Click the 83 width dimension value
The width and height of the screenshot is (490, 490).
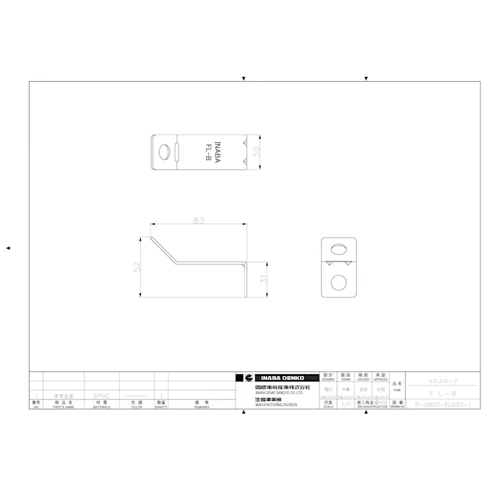199,220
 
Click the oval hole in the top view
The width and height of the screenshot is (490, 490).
165,151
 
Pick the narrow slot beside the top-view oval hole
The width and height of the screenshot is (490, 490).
177,151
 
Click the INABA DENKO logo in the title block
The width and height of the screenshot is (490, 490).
278,377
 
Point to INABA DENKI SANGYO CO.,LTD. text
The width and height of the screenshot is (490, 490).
278,392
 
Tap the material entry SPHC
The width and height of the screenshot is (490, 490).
100,397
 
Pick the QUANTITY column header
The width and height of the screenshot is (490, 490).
161,407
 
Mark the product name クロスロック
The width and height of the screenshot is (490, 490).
443,381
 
